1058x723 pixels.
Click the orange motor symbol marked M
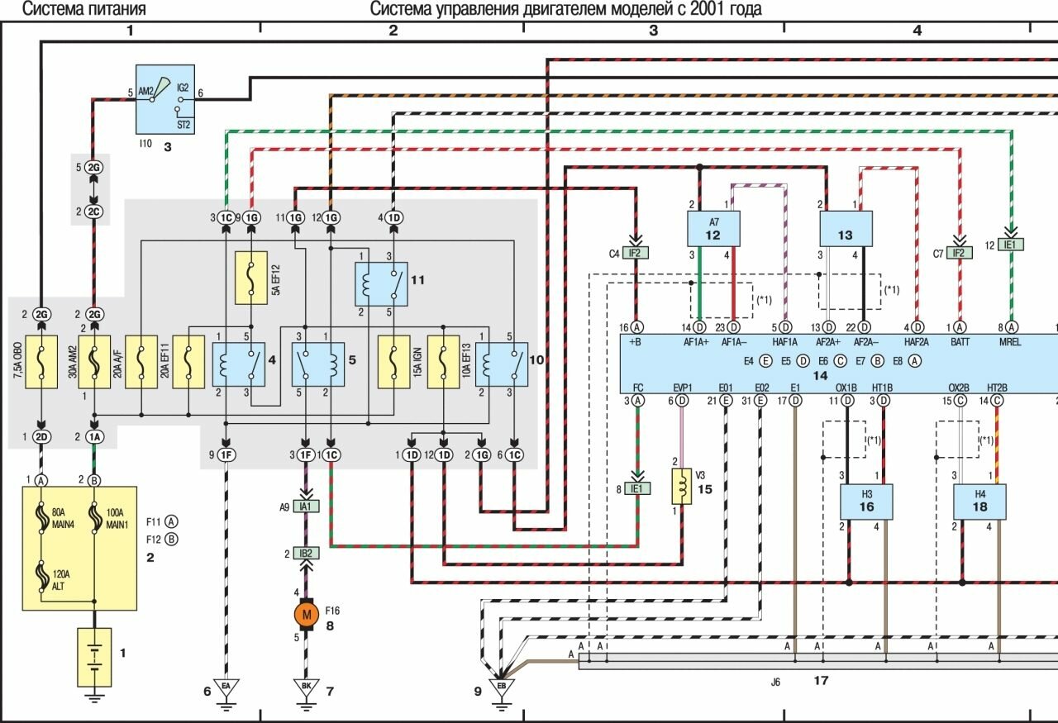click(307, 615)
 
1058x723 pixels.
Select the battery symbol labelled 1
click(95, 656)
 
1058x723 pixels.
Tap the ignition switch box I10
click(165, 99)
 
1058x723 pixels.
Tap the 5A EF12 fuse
click(250, 276)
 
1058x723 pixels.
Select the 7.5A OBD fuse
click(40, 361)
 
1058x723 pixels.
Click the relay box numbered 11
click(382, 283)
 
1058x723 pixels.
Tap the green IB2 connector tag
click(307, 553)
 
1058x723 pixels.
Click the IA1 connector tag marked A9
click(307, 506)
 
